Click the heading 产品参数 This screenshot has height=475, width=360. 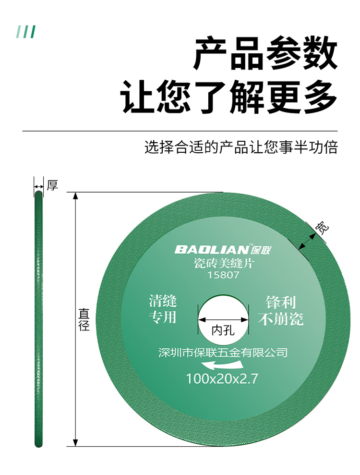coord(265,54)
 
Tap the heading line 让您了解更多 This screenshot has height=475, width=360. coord(229,97)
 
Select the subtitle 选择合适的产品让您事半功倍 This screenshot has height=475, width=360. coord(241,147)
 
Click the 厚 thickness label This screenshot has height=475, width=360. coord(52,185)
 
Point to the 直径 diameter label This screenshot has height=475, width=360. coord(84,319)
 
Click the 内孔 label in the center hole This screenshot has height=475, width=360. coord(223,331)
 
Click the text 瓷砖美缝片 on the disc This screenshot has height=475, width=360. coord(223,263)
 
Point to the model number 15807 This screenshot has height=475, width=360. coord(223,276)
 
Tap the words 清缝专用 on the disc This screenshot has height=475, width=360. coord(163,309)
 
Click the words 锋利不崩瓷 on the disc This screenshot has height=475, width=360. coord(281,310)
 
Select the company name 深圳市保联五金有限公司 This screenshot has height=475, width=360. coord(223,353)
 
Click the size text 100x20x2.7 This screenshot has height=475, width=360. coord(222,378)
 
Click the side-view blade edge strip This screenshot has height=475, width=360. coord(38,319)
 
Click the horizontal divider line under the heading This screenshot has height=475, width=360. coord(180,131)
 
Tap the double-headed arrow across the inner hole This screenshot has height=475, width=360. coord(223,318)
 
